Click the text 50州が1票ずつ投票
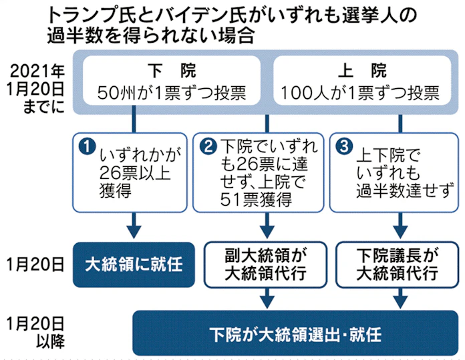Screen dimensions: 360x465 click(x=172, y=93)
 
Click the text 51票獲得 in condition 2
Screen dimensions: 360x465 click(x=253, y=198)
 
